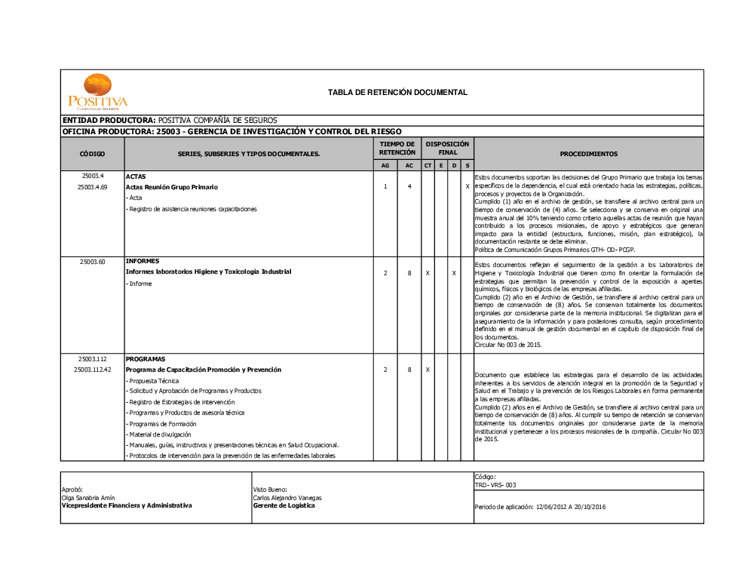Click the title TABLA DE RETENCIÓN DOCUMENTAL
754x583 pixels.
pos(397,93)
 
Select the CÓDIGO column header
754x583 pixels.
pos(92,154)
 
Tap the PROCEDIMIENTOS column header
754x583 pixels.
pos(588,154)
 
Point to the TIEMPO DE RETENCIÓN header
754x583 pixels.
pos(397,148)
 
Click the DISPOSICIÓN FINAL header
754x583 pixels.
pos(447,148)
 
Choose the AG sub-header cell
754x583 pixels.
pos(385,165)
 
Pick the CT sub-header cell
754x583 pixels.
pos(428,165)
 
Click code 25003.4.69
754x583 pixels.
pos(92,186)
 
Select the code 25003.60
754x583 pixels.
pos(92,262)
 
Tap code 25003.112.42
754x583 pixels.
pos(92,370)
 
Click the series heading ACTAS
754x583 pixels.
pos(136,176)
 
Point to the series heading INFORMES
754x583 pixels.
pos(142,261)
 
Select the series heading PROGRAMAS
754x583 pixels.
pos(146,359)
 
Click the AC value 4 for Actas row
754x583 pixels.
pos(409,186)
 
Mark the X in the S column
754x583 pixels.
pos(467,186)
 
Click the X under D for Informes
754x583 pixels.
pos(454,272)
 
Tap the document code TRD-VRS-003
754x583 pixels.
pos(495,485)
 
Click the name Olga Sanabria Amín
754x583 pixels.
pos(88,498)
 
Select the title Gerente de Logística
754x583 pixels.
pos(284,506)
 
